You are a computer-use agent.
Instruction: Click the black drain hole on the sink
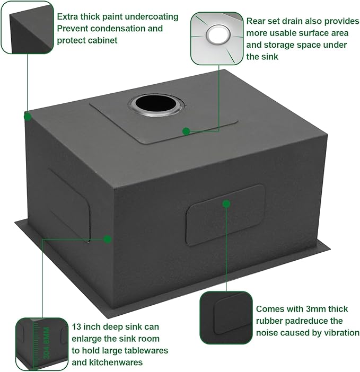156,104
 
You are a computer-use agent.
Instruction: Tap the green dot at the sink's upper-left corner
28,117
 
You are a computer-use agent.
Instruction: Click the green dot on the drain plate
186,131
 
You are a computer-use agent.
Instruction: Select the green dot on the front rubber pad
226,203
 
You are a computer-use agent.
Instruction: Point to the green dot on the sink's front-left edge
108,239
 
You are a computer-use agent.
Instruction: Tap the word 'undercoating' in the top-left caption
152,17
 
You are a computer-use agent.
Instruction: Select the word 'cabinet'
102,40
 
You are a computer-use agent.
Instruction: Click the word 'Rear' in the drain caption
256,21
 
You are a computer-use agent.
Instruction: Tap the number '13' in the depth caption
77,327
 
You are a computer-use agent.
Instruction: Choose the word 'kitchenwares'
116,362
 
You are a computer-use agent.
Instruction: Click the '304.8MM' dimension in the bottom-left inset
47,343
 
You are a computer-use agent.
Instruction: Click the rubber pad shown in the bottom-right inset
231,314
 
